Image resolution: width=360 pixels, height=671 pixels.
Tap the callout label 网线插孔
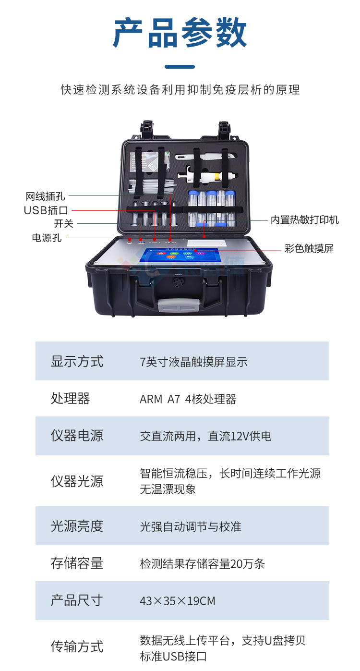(45, 196)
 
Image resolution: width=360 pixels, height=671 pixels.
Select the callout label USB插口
(46, 210)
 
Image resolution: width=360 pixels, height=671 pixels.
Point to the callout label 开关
(63, 224)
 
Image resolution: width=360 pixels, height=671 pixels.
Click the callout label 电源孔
(47, 238)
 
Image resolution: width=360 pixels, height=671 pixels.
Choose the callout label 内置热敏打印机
(304, 220)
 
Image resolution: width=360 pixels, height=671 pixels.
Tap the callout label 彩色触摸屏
(309, 248)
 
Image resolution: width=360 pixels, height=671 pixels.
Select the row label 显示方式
(77, 361)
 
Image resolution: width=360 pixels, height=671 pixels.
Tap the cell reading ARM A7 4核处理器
(188, 399)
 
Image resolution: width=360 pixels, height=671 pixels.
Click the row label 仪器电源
(77, 436)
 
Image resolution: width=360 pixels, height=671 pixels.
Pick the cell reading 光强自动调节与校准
(190, 526)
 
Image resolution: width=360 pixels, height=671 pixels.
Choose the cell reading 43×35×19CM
(177, 601)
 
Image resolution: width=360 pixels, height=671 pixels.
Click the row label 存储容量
(77, 563)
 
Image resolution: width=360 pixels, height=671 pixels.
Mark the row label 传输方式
(77, 647)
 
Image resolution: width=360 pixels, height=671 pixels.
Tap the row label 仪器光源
(77, 481)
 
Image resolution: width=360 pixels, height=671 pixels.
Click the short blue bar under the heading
(180, 67)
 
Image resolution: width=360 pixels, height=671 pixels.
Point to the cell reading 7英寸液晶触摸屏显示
(193, 362)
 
